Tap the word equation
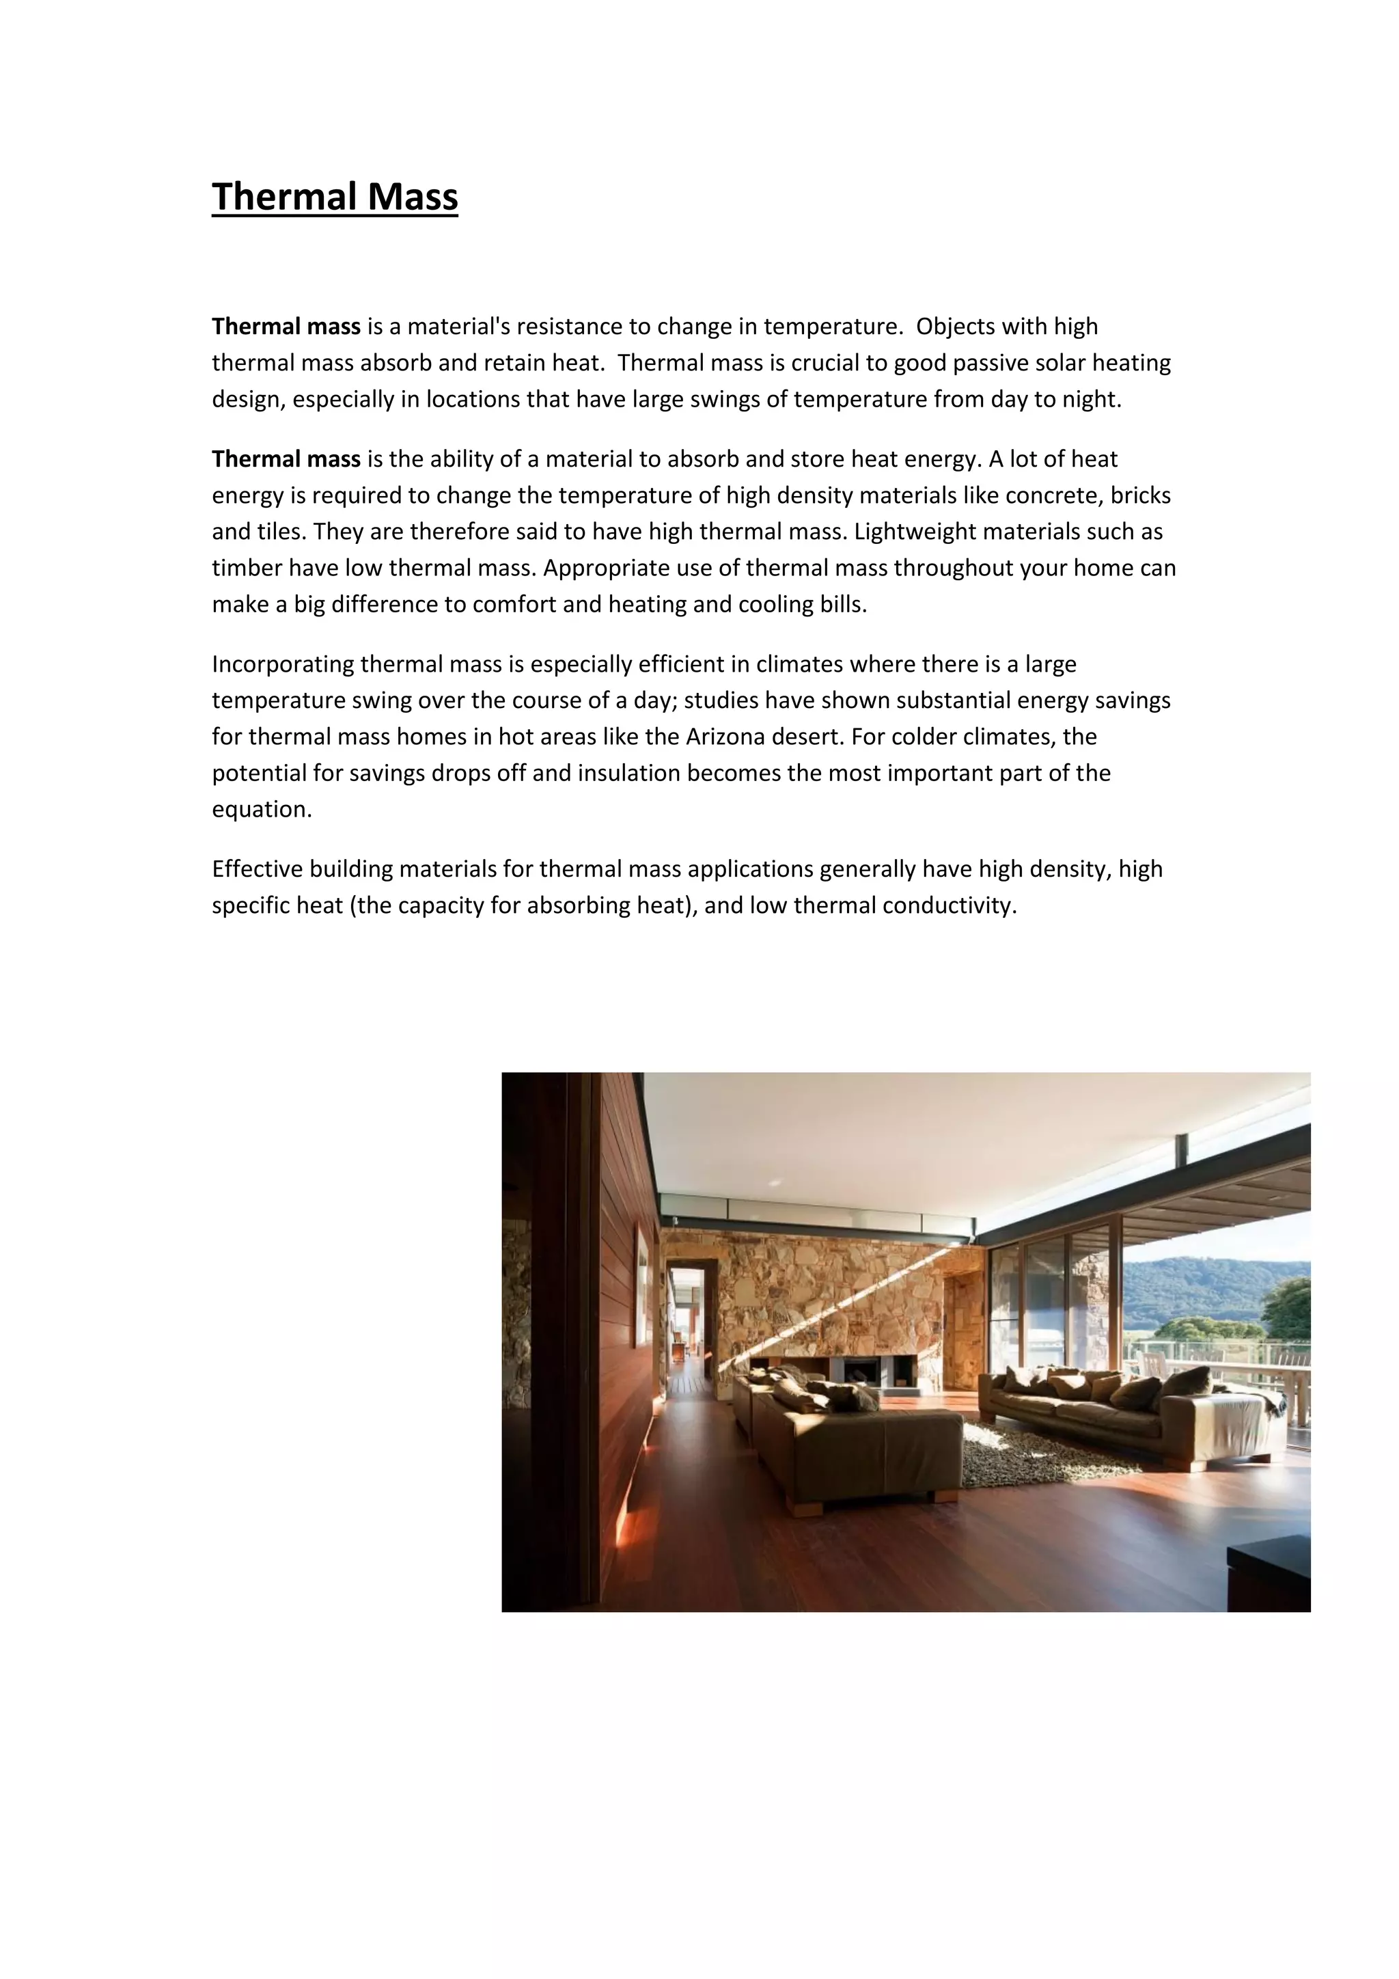click(x=261, y=809)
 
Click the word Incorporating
click(x=283, y=664)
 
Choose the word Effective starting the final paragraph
click(x=258, y=869)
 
